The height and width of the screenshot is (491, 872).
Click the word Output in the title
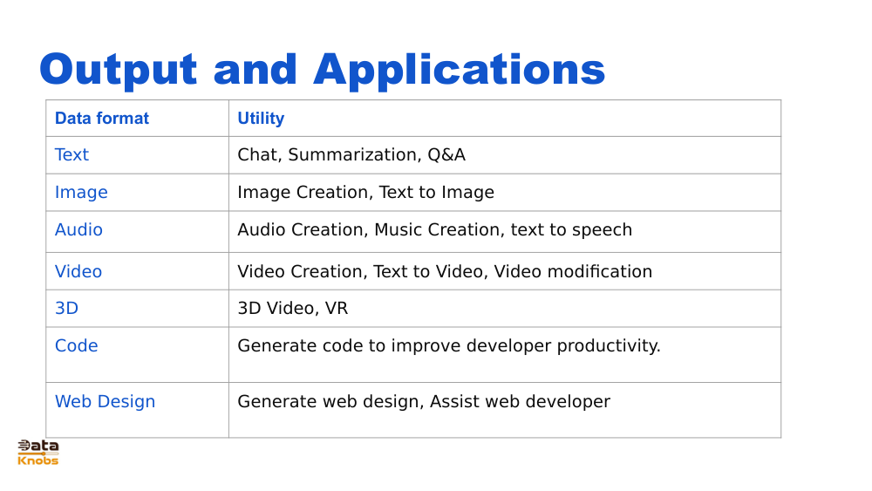pos(119,70)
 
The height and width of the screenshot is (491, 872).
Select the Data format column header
pos(102,119)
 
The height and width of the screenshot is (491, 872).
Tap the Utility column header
pos(261,119)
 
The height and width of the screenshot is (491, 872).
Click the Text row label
pos(72,155)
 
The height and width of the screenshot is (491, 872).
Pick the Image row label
pos(81,193)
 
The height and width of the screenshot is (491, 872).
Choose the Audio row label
pos(78,230)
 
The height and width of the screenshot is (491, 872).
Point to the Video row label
pos(78,272)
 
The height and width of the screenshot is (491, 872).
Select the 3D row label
pos(66,309)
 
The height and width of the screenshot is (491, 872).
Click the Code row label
pos(76,346)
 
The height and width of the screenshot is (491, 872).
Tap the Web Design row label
pos(105,402)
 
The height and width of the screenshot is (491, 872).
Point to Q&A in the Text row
pos(446,155)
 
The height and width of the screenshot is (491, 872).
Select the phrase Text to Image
pos(436,193)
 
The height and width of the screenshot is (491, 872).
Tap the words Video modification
pos(573,272)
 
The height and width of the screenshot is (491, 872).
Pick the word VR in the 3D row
pos(337,309)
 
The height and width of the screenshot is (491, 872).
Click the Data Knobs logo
pos(38,453)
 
